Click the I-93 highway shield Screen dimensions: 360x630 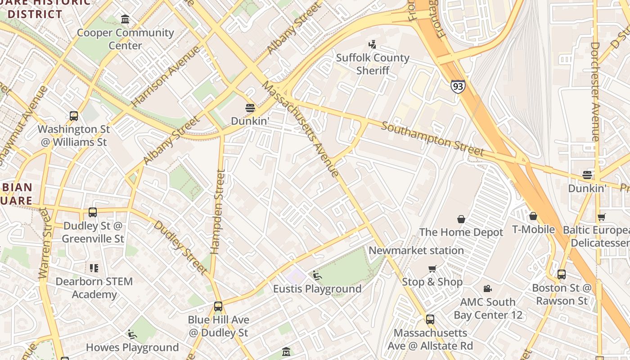click(458, 86)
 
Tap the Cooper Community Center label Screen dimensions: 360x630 click(125, 39)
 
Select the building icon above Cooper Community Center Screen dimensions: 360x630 click(125, 19)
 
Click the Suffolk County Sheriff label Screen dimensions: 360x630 click(373, 64)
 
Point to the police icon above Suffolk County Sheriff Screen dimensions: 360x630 click(372, 45)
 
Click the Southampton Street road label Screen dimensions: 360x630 click(432, 139)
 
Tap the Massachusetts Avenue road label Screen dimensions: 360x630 click(300, 129)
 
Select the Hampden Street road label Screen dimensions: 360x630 click(219, 211)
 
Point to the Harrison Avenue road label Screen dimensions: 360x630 click(166, 76)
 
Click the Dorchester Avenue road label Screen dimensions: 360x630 click(595, 92)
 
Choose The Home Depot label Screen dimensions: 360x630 click(461, 232)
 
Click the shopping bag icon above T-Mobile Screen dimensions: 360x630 click(533, 216)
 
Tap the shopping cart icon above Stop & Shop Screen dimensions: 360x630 click(432, 269)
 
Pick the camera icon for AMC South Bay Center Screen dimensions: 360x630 click(487, 288)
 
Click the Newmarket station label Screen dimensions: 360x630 click(416, 250)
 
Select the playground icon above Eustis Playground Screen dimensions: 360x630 click(317, 275)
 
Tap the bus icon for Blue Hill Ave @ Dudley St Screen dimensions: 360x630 click(218, 306)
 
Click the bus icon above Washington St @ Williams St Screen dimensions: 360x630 click(74, 116)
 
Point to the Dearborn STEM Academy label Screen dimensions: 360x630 click(94, 288)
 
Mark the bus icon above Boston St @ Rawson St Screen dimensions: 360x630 click(562, 274)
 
